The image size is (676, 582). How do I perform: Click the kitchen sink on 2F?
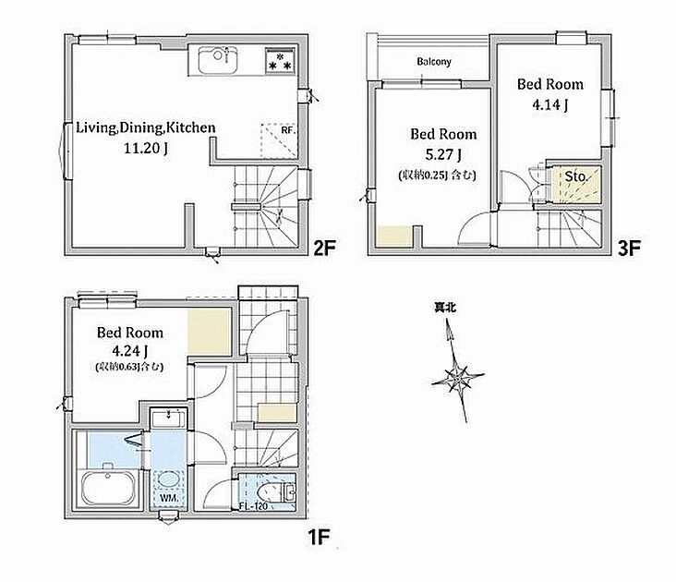pyautogui.click(x=218, y=60)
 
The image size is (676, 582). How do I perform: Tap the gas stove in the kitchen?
pyautogui.click(x=280, y=60)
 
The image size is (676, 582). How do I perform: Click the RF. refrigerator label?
pyautogui.click(x=288, y=129)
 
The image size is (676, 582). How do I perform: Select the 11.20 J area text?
pyautogui.click(x=146, y=149)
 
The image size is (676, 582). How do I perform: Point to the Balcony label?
pyautogui.click(x=434, y=62)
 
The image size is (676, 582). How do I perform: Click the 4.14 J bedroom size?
pyautogui.click(x=549, y=104)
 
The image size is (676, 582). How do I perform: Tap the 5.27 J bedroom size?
pyautogui.click(x=442, y=154)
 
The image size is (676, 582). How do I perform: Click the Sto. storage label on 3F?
pyautogui.click(x=576, y=176)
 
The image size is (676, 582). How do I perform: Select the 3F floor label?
pyautogui.click(x=630, y=248)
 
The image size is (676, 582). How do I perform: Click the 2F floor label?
pyautogui.click(x=324, y=248)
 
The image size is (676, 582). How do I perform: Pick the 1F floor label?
pyautogui.click(x=319, y=537)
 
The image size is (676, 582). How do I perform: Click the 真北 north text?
pyautogui.click(x=445, y=308)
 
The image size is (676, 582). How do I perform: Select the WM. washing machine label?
pyautogui.click(x=168, y=498)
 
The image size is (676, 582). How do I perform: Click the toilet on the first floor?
pyautogui.click(x=276, y=492)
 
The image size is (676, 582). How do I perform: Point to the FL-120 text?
pyautogui.click(x=253, y=506)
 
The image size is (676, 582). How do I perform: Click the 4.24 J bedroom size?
pyautogui.click(x=130, y=351)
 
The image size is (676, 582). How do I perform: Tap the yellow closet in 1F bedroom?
pyautogui.click(x=210, y=333)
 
